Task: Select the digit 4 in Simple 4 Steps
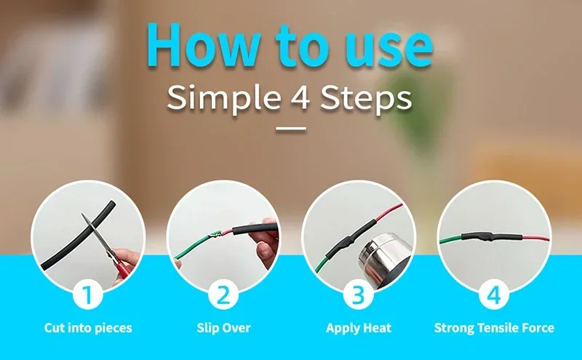(300, 97)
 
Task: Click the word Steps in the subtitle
(366, 98)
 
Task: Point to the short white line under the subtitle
(291, 129)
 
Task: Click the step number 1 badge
(88, 296)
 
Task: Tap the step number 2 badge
(223, 296)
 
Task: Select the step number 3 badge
(359, 296)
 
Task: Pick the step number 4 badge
(494, 296)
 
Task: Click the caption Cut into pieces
(88, 328)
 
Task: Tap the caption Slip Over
(223, 328)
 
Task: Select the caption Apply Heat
(359, 328)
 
